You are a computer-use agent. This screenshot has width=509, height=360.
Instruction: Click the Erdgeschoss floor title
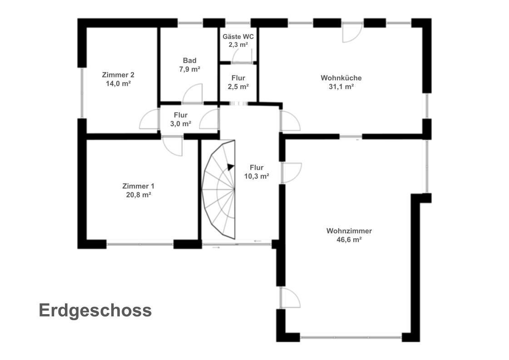pos(95,311)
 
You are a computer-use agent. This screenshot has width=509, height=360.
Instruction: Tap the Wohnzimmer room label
pos(349,231)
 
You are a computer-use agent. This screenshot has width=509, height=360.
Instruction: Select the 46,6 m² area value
pos(349,240)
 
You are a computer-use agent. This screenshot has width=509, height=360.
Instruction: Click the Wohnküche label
pos(341,78)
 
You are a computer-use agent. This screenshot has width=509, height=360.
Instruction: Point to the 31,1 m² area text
pos(341,87)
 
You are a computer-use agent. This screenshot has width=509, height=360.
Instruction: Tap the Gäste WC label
pos(238,37)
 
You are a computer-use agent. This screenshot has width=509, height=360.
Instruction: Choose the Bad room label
pos(190,60)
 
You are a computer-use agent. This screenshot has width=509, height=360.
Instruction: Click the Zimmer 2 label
pos(118,74)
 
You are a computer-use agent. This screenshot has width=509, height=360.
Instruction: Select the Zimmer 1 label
pos(138,186)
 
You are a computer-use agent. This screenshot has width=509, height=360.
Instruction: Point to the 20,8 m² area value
pos(138,195)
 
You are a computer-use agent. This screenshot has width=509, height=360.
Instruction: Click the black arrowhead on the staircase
pos(231,167)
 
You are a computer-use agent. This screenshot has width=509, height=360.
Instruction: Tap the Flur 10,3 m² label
pos(257,172)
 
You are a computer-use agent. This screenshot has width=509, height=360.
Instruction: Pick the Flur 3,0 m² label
pos(180,119)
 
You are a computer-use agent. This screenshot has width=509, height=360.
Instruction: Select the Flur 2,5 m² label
pos(238,82)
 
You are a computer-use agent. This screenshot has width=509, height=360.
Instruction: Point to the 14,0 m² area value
pos(118,84)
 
